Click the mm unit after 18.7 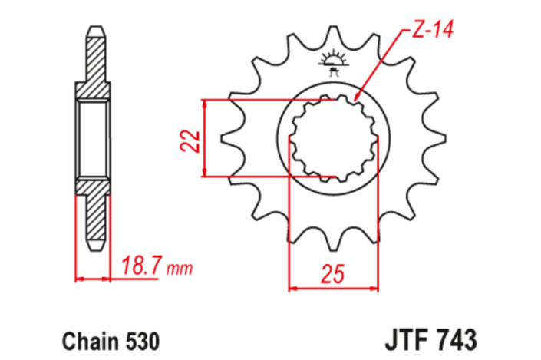click(180, 269)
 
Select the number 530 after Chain click(140, 339)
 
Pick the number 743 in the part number click(456, 338)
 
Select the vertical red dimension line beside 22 click(206, 139)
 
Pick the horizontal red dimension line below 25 click(335, 289)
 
